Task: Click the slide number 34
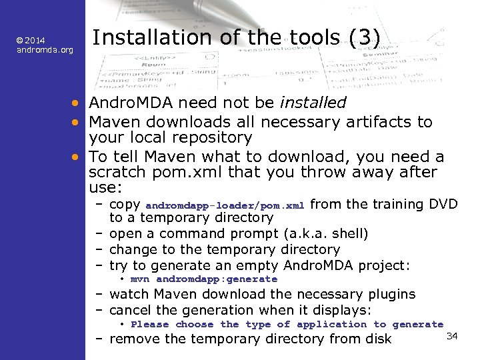click(x=451, y=335)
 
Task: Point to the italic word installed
click(x=313, y=103)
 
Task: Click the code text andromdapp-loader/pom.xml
click(x=225, y=205)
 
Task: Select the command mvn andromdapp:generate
click(x=204, y=279)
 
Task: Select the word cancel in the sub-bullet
click(x=130, y=310)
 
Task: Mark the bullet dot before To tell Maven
click(x=78, y=157)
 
